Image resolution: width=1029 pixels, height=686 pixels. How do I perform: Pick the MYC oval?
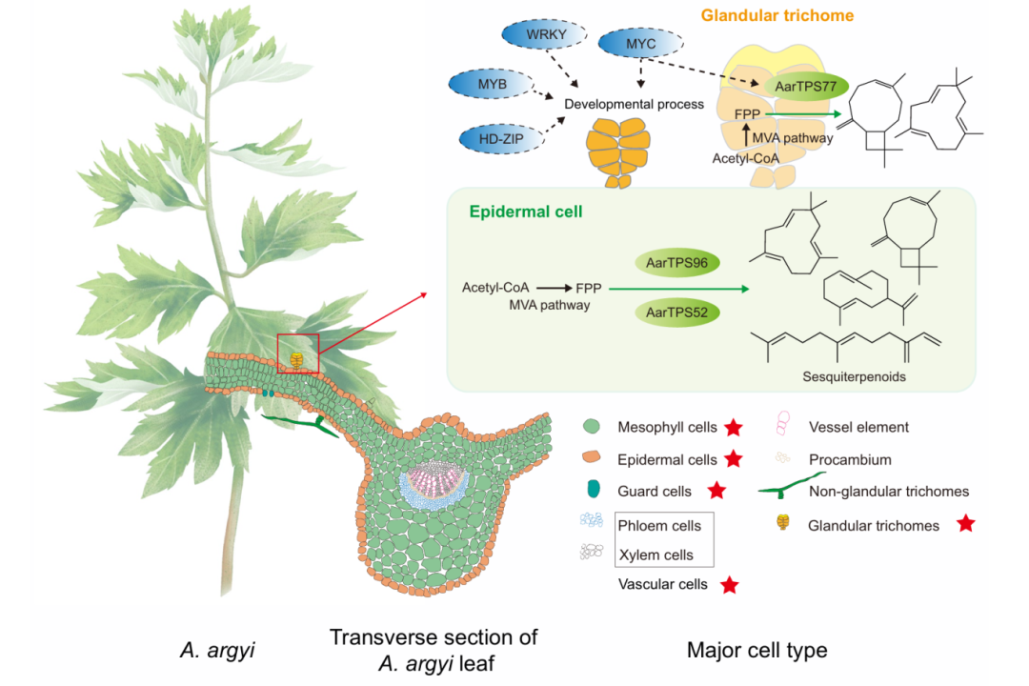pos(635,45)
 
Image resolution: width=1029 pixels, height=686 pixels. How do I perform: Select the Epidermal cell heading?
pos(524,212)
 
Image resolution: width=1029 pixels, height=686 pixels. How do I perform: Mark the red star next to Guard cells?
pos(717,492)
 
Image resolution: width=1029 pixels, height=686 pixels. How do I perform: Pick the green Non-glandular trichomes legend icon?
pos(780,491)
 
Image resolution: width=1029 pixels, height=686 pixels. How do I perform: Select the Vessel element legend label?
pos(858,428)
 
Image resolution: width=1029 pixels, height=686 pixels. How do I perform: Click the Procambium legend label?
pos(850,459)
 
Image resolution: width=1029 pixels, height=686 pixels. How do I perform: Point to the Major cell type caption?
pos(757,651)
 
